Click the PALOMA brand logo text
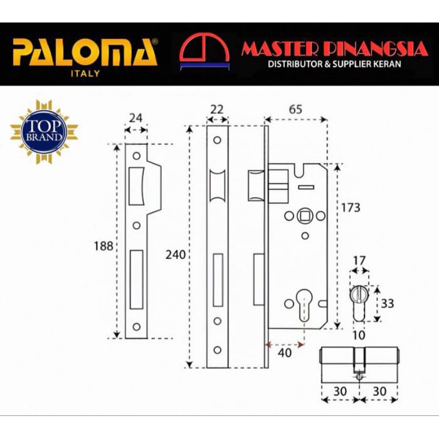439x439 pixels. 85,52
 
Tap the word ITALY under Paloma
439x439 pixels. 86,74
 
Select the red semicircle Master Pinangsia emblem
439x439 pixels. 204,51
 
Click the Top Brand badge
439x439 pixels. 44,132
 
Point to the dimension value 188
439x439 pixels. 103,246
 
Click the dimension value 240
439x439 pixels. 176,255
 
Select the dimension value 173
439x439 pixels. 351,208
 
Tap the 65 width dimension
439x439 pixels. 296,109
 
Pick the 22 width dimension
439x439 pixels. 217,109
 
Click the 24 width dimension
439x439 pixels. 136,118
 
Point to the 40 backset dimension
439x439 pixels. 285,353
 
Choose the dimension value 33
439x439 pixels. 387,303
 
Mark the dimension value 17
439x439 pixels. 359,261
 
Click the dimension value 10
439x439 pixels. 359,335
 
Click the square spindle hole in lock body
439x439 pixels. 305,216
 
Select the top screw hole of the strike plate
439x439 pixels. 137,156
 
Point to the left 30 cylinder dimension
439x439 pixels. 340,391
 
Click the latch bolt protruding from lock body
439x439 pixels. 256,185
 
